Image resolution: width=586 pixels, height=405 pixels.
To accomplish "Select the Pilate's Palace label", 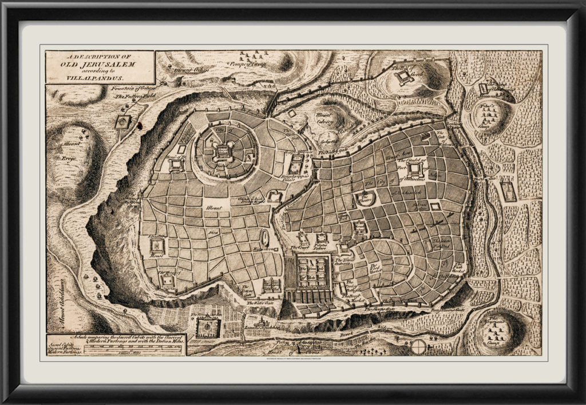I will [324, 247].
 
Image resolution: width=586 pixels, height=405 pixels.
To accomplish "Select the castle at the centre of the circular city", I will [221, 150].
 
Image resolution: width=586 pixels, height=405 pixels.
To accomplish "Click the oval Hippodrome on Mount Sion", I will [264, 239].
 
